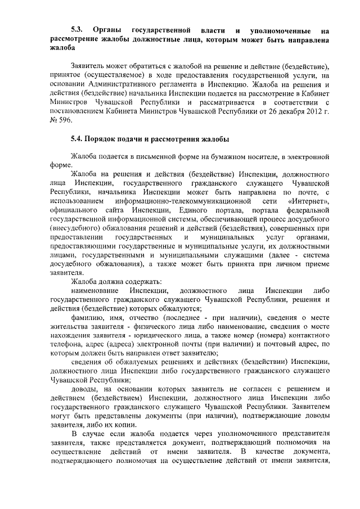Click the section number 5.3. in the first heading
(x=78, y=29)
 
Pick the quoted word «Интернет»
(x=308, y=201)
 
